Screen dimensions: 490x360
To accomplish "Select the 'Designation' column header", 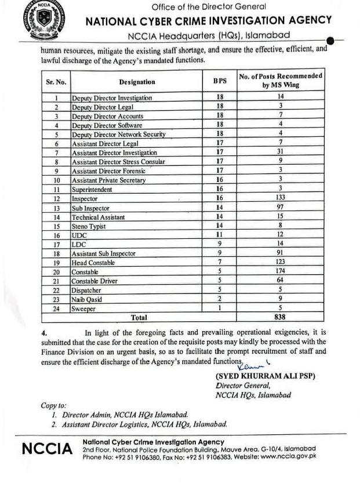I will [137, 82].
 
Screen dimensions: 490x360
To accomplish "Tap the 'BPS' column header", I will [220, 82].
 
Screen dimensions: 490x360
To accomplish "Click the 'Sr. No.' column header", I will [56, 82].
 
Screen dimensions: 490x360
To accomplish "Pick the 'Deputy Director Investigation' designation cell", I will [111, 98].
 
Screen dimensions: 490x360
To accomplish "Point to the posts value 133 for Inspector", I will [280, 199].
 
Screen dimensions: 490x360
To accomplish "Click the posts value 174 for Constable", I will [280, 272].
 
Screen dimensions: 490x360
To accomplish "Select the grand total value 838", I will [280, 318].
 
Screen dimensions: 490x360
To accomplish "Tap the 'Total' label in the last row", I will [139, 318].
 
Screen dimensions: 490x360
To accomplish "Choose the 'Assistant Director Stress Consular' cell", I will [118, 162].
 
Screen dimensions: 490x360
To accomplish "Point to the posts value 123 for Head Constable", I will [280, 263].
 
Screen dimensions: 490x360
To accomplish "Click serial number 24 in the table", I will [56, 309].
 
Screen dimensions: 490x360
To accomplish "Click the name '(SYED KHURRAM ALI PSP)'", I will [265, 376].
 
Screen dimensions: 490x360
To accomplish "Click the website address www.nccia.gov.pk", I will [288, 456].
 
